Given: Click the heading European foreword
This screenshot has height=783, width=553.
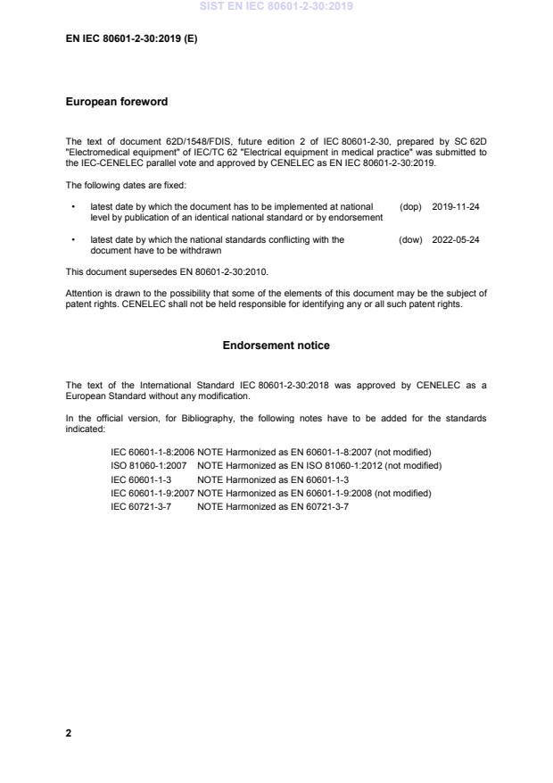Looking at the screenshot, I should pyautogui.click(x=116, y=102).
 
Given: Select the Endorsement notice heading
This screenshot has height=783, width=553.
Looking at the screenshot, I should pyautogui.click(x=276, y=345).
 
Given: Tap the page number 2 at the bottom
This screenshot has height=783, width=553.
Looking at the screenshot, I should pyautogui.click(x=69, y=733).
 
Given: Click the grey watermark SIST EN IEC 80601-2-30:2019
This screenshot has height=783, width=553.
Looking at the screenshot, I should pyautogui.click(x=276, y=6).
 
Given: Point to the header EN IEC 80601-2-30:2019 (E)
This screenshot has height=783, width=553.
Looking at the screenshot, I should pyautogui.click(x=131, y=40).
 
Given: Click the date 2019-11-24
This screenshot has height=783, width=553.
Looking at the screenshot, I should pyautogui.click(x=456, y=206).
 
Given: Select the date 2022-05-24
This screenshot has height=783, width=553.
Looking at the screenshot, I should pyautogui.click(x=456, y=240).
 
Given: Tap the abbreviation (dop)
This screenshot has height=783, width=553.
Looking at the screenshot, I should pyautogui.click(x=410, y=206).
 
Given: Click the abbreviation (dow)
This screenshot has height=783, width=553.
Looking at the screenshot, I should pyautogui.click(x=410, y=240).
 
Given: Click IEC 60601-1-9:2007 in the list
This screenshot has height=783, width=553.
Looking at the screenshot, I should pyautogui.click(x=152, y=493).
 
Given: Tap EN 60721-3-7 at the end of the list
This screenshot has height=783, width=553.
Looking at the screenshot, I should pyautogui.click(x=318, y=506).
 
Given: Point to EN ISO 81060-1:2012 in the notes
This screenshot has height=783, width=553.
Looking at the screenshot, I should pyautogui.click(x=335, y=466).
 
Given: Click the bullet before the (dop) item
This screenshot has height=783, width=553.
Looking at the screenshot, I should pyautogui.click(x=72, y=206).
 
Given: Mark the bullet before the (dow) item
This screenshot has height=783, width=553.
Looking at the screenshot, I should pyautogui.click(x=72, y=240).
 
